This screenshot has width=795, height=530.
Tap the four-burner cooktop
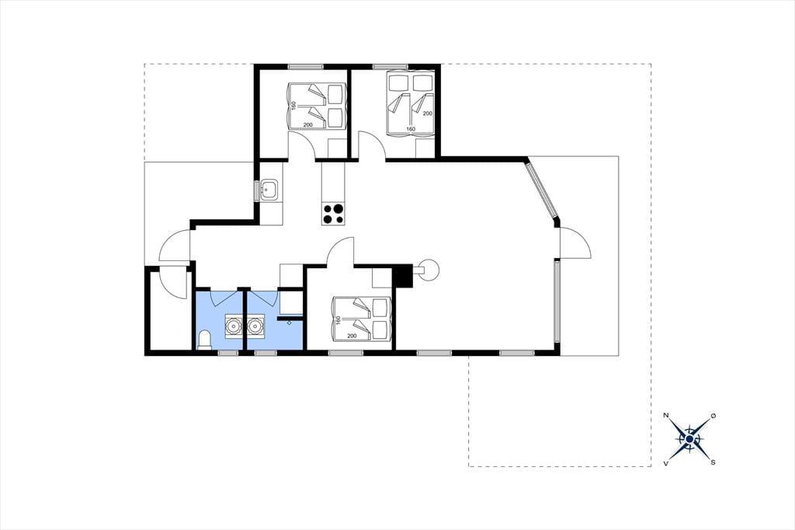pyautogui.click(x=333, y=214)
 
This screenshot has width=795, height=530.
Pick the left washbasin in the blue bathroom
pyautogui.click(x=233, y=325)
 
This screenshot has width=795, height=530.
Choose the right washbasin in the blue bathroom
pyautogui.click(x=255, y=325)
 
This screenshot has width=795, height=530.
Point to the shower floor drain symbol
pyautogui.click(x=290, y=322)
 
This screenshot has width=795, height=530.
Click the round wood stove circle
pyautogui.click(x=429, y=270)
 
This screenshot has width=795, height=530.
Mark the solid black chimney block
pyautogui.click(x=403, y=277)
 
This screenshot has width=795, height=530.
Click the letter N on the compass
pyautogui.click(x=666, y=416)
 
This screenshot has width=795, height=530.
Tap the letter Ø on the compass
pyautogui.click(x=713, y=416)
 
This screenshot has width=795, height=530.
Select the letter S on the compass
pyautogui.click(x=713, y=462)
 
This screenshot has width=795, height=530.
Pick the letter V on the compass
pyautogui.click(x=666, y=463)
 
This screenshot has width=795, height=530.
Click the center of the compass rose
pyautogui.click(x=689, y=439)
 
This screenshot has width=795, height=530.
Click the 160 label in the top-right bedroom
pyautogui.click(x=411, y=129)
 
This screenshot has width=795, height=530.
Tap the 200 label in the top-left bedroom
pyautogui.click(x=307, y=124)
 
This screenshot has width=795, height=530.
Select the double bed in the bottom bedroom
pyautogui.click(x=362, y=319)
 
